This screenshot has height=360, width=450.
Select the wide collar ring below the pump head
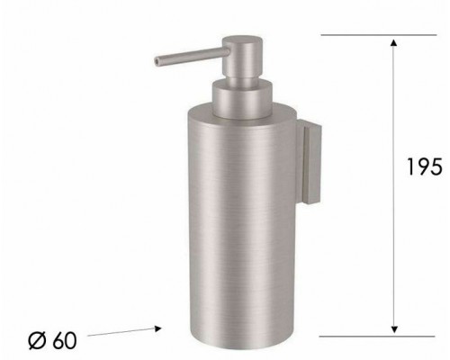pos(239,89)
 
